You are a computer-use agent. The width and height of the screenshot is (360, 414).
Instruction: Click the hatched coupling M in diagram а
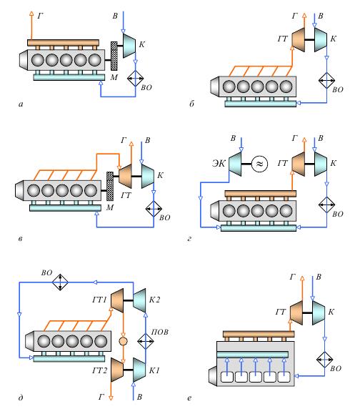click(114, 56)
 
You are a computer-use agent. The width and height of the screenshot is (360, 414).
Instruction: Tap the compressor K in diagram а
click(129, 45)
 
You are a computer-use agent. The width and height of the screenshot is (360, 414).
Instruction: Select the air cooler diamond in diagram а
click(135, 79)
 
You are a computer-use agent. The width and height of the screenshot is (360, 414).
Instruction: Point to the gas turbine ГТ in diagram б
click(299, 39)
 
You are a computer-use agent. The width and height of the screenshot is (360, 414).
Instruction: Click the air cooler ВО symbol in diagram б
click(326, 80)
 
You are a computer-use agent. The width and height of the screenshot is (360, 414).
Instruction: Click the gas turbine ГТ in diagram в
click(125, 176)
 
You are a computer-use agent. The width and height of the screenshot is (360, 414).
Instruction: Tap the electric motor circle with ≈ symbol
click(259, 164)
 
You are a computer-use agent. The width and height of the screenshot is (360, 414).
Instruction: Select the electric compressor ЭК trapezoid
click(235, 164)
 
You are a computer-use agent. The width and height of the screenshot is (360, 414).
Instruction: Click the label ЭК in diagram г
click(219, 164)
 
